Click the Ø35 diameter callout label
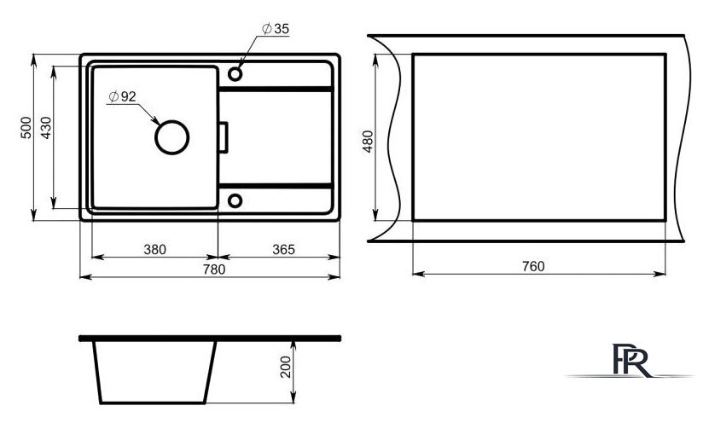point(276,29)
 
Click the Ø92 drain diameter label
point(122,96)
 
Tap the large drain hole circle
point(171,137)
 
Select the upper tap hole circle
point(235,73)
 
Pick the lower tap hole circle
point(235,200)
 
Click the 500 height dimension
point(26,127)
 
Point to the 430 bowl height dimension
point(46,127)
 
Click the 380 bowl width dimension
point(154,250)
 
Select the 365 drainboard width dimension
point(283,250)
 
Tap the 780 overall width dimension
point(214,269)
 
